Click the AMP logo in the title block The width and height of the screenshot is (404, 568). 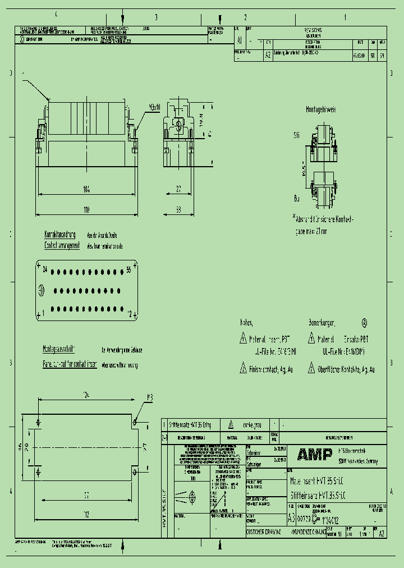315,454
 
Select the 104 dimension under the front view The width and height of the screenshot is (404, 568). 86,190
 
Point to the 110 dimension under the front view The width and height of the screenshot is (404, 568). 86,209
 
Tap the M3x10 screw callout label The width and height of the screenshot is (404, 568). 154,107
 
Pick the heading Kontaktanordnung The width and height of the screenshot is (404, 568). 60,235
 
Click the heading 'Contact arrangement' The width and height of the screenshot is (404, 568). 62,246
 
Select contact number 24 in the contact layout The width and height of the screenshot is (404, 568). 44,269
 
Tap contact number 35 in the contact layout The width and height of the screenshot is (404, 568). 128,269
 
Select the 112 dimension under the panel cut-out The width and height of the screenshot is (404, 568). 86,514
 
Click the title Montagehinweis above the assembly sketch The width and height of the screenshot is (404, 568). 321,111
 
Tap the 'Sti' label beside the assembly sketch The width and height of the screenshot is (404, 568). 297,135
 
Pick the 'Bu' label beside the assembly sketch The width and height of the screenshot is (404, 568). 297,198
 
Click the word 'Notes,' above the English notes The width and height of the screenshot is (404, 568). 246,323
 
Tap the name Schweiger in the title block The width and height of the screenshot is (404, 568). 254,465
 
